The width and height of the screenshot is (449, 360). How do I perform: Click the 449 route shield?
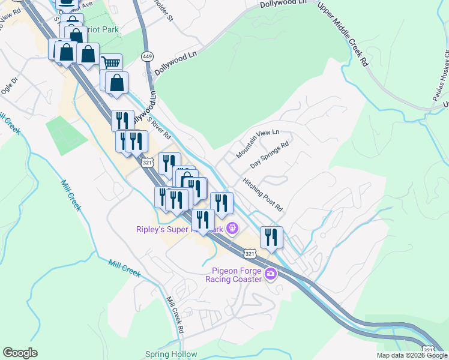tap(146, 56)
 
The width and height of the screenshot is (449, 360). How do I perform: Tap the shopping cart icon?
tap(111, 63)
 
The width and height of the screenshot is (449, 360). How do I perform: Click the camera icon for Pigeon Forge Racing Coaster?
tap(270, 274)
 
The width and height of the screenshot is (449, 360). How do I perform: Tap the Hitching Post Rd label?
tap(262, 194)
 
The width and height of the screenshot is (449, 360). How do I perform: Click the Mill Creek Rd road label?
tap(175, 315)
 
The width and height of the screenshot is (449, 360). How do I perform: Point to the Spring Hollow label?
tap(171, 354)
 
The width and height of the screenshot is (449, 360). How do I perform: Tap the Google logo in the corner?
tap(20, 353)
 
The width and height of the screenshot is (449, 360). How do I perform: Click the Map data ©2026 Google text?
tap(412, 355)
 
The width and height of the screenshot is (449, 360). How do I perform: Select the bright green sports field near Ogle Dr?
tap(66, 135)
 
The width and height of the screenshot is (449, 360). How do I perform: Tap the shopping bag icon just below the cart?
tap(117, 83)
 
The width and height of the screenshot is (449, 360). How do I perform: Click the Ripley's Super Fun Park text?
tap(179, 229)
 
